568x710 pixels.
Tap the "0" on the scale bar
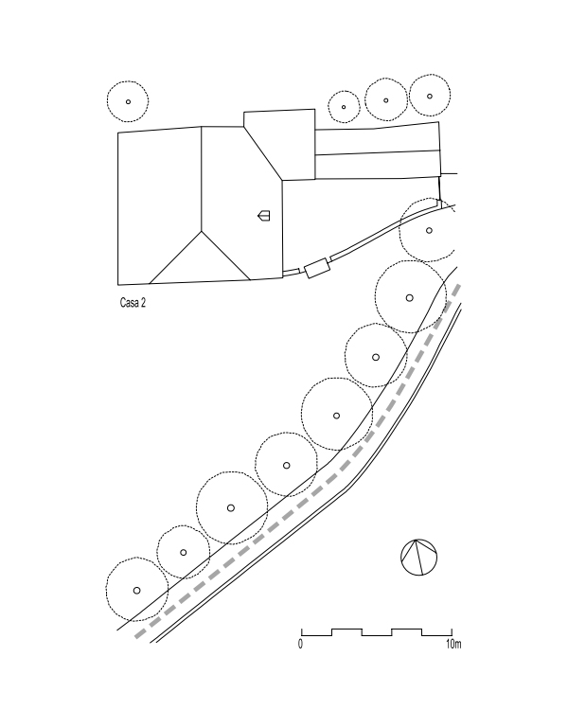point(300,646)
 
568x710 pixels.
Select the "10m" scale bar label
point(453,646)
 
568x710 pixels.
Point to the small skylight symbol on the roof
point(264,216)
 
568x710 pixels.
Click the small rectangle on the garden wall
point(316,267)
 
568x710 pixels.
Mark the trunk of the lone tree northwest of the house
point(128,101)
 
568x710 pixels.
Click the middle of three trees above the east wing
point(386,99)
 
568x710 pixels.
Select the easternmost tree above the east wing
point(430,95)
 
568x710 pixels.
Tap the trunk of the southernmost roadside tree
point(136,590)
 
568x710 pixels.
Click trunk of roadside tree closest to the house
point(429,230)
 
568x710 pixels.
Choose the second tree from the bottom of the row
point(184,552)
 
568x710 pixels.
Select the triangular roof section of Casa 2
point(200,260)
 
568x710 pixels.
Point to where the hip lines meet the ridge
point(202,231)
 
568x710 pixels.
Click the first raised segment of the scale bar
point(346,629)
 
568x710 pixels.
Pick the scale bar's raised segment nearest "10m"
point(406,629)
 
